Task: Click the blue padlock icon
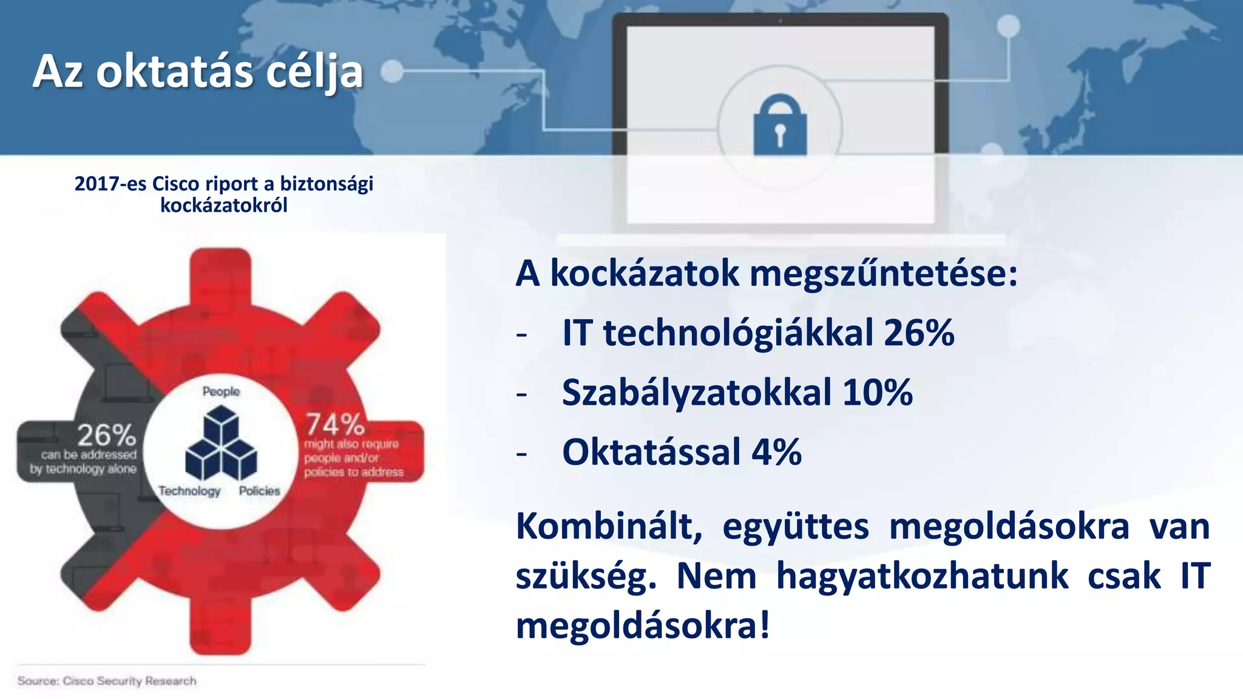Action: point(780,126)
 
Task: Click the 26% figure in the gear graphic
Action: point(106,435)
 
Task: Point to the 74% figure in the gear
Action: point(334,424)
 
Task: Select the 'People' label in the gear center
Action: point(221,391)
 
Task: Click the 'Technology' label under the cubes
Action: point(189,491)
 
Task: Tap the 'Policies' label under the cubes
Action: point(259,491)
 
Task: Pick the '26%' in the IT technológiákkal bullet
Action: point(919,333)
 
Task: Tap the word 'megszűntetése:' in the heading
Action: point(883,274)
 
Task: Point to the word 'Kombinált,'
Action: point(609,526)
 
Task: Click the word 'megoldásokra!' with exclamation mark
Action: point(643,626)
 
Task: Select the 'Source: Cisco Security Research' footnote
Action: point(107,681)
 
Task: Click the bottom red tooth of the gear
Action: point(220,625)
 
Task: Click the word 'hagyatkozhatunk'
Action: point(922,576)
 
